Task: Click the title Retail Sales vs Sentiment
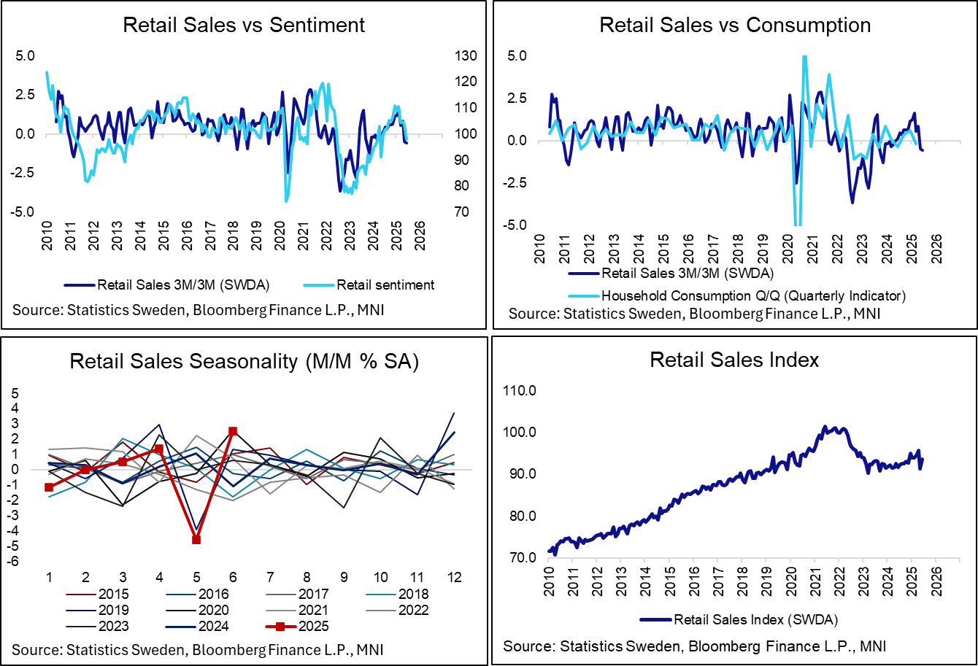pyautogui.click(x=244, y=25)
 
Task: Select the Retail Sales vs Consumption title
pyautogui.click(x=735, y=25)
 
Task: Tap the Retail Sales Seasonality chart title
pyautogui.click(x=244, y=362)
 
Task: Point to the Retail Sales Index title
pyautogui.click(x=735, y=360)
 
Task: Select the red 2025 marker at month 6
pyautogui.click(x=233, y=432)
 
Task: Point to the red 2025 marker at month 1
pyautogui.click(x=49, y=487)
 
